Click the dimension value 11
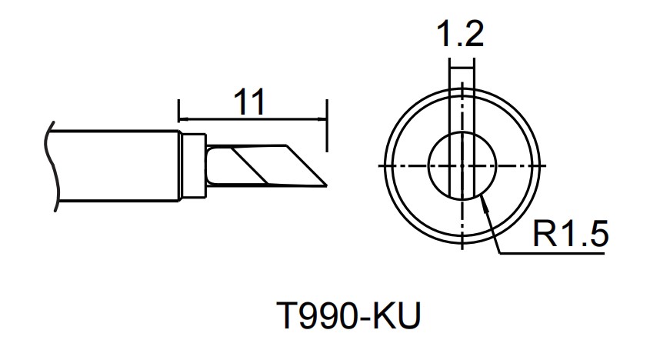(x=248, y=102)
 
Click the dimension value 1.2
(x=459, y=35)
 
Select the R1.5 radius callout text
(x=570, y=234)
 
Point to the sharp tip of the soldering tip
(x=327, y=185)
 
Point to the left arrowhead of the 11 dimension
(x=182, y=119)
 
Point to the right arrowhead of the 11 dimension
(x=322, y=119)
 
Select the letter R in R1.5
(x=545, y=234)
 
